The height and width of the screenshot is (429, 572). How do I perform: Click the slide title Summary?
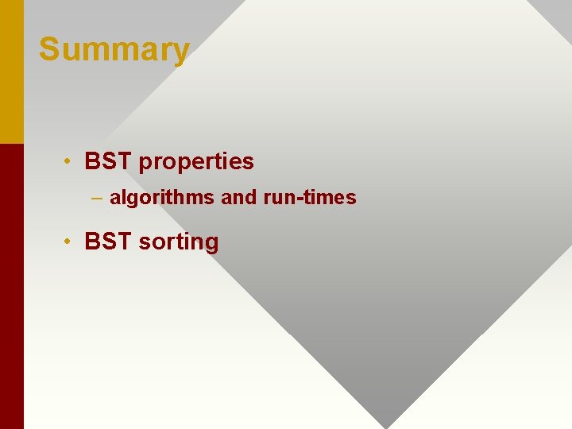pos(114,49)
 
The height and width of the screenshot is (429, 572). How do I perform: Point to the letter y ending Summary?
pos(182,52)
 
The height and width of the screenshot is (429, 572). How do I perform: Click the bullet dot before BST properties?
pos(70,161)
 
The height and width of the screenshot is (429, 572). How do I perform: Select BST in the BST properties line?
pos(108,161)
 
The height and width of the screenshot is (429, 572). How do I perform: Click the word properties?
pos(196,162)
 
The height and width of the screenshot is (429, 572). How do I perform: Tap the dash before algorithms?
pos(96,197)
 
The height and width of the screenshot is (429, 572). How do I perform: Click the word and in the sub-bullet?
pos(238,197)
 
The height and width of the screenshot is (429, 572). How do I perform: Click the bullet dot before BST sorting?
pos(70,241)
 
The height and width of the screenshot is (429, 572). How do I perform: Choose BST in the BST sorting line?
pos(108,241)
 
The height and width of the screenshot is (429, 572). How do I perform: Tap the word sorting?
pos(178,242)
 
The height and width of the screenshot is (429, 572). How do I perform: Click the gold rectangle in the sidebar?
pos(12,71)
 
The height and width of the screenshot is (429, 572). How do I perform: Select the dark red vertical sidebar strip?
pos(12,286)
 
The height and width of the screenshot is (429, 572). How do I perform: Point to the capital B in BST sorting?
pos(92,241)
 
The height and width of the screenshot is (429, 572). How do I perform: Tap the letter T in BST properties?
pos(124,161)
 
